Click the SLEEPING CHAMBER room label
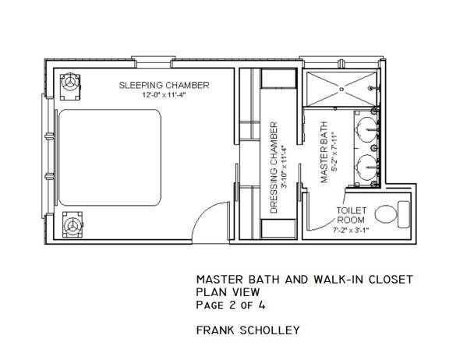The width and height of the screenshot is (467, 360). pyautogui.click(x=164, y=84)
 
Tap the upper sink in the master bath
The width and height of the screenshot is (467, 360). pyautogui.click(x=366, y=127)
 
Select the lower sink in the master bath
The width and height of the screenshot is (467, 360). pyautogui.click(x=366, y=165)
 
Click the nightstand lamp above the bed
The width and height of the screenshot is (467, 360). pyautogui.click(x=71, y=83)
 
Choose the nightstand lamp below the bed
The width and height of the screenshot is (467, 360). pyautogui.click(x=73, y=226)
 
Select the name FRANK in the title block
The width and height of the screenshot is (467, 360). pyautogui.click(x=214, y=331)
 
